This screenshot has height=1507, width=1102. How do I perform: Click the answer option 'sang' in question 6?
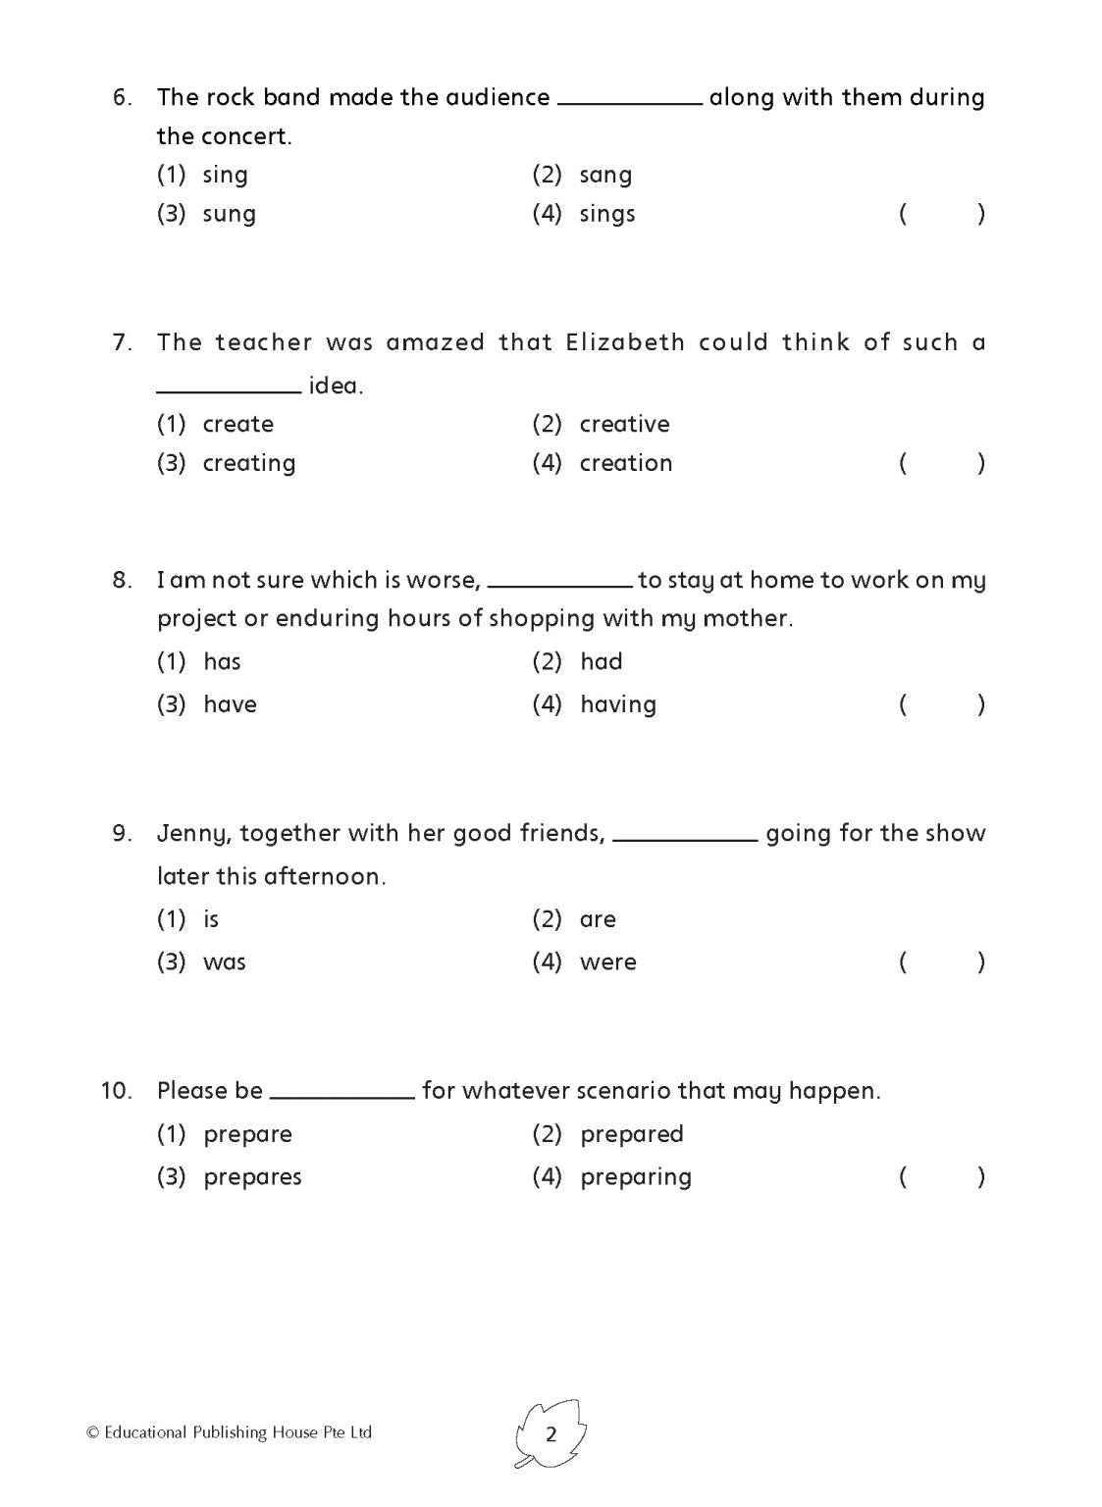(605, 175)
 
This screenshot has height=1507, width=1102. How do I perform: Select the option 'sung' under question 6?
(229, 214)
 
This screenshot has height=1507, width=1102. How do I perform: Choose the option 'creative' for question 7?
(624, 424)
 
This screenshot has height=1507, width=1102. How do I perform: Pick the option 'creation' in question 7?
(626, 463)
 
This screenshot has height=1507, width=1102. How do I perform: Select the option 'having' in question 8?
(618, 704)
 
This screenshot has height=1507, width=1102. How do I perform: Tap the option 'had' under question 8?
(601, 661)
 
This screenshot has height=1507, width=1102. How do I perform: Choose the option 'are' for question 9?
(598, 919)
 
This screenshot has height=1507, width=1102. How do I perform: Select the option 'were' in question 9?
(607, 962)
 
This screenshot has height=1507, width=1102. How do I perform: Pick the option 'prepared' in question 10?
(631, 1134)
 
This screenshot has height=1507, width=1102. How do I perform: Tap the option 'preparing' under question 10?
(636, 1177)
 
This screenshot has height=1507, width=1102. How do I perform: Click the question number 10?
(116, 1091)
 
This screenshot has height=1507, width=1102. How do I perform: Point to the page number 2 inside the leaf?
(551, 1434)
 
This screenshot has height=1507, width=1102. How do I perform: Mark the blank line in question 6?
(629, 101)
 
